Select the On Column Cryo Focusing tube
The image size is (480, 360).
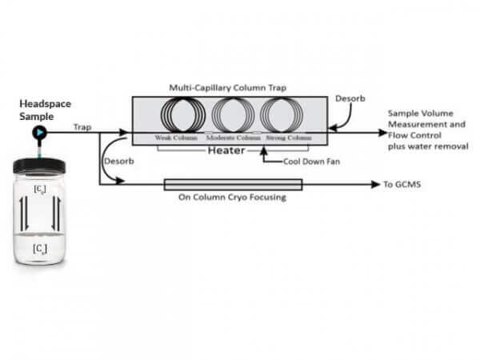[x=233, y=185]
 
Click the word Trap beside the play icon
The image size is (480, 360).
[x=82, y=126]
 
